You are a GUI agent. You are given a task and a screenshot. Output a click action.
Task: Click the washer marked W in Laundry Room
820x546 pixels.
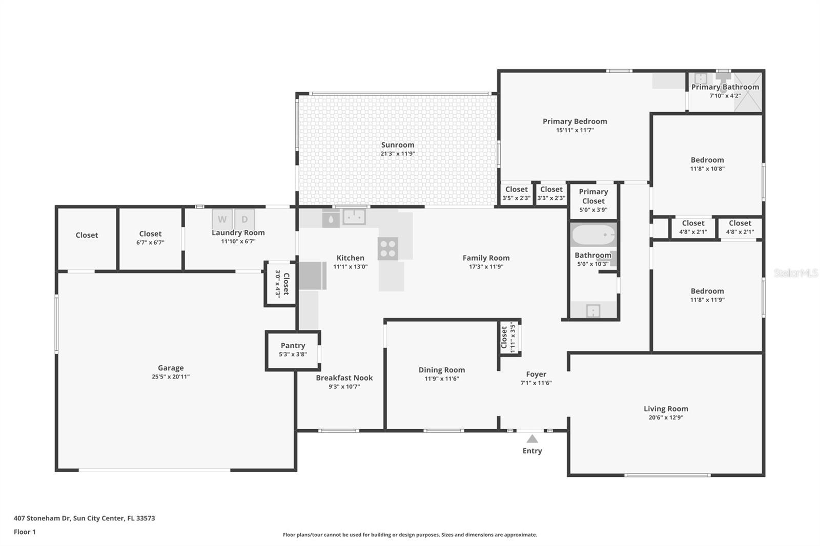tap(222, 219)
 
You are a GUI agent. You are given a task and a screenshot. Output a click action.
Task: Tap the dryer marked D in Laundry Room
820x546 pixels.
tap(244, 219)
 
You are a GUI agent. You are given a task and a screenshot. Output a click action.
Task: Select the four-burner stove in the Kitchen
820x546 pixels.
tap(388, 249)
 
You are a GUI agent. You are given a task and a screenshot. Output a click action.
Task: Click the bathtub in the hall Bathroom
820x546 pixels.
tap(593, 236)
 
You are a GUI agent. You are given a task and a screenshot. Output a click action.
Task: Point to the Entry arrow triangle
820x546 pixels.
tap(532, 439)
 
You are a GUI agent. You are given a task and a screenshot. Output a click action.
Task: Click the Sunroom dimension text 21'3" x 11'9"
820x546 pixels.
tap(397, 154)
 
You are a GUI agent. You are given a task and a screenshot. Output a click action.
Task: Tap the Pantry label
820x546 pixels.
tap(293, 346)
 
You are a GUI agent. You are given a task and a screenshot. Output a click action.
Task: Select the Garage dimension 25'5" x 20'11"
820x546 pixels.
tap(170, 376)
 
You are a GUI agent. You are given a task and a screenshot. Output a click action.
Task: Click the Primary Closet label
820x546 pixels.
tap(593, 196)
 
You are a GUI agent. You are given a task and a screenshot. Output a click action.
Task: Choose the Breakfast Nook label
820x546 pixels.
tap(344, 378)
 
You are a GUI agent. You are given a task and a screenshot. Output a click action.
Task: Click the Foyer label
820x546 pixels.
tap(536, 374)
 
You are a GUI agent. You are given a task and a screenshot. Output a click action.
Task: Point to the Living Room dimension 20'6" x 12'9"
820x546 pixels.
tap(665, 417)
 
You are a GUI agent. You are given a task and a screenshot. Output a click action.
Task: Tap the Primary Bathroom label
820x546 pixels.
tap(725, 87)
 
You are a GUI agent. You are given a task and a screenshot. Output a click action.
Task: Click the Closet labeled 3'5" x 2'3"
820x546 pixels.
tap(516, 194)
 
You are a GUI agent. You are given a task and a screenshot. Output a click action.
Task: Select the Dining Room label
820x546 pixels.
tap(441, 370)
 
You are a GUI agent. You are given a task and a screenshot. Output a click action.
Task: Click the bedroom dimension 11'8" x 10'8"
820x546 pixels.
tap(707, 169)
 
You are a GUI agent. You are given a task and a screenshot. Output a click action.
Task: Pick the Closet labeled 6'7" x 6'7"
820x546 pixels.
tap(150, 238)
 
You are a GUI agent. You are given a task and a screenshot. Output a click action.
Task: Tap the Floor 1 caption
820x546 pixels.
tap(25, 532)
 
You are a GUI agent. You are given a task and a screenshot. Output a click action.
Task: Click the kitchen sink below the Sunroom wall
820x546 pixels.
tap(354, 217)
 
